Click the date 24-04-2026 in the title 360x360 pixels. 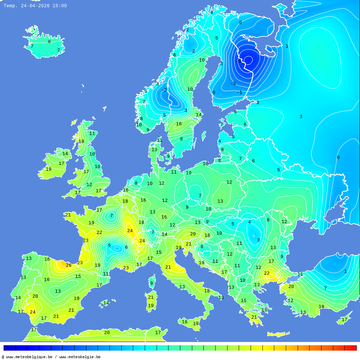tap(35, 6)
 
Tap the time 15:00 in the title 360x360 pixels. tap(59, 6)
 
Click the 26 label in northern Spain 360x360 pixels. tap(68, 265)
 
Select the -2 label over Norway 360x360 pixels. tap(164, 90)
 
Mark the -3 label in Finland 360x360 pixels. tap(233, 84)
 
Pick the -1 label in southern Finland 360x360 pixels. tap(239, 93)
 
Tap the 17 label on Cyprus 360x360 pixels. tap(345, 320)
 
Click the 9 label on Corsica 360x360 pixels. tap(152, 283)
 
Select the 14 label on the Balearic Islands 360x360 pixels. tap(106, 303)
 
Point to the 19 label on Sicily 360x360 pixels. tap(195, 324)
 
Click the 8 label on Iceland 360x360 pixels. tap(49, 41)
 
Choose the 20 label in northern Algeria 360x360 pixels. tap(107, 333)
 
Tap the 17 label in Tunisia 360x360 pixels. tap(158, 333)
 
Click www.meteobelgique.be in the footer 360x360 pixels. tap(29, 357)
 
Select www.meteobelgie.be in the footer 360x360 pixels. tap(80, 357)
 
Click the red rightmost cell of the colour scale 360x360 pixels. tap(351, 348)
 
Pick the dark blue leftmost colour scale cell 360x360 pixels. tap(9, 348)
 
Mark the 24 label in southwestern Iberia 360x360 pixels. tap(33, 312)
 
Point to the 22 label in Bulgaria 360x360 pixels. tap(267, 273)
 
